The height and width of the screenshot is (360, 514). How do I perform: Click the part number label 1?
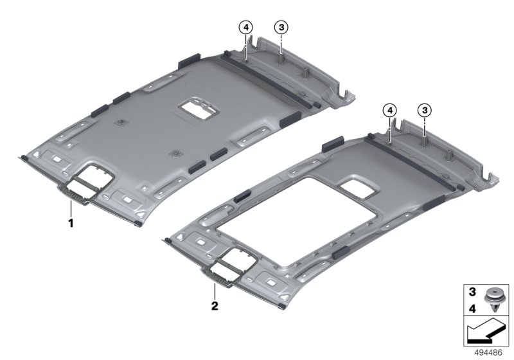[71, 223]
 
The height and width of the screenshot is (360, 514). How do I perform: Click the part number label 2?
[215, 306]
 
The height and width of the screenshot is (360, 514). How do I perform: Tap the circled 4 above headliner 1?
[246, 28]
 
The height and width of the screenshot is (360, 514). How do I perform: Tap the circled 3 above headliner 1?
[281, 28]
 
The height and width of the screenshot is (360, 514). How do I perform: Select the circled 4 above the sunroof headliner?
[390, 111]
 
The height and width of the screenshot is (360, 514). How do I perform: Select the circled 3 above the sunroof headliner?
[425, 111]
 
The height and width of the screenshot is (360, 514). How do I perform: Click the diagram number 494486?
[488, 353]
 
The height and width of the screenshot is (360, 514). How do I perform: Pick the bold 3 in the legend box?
[472, 291]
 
